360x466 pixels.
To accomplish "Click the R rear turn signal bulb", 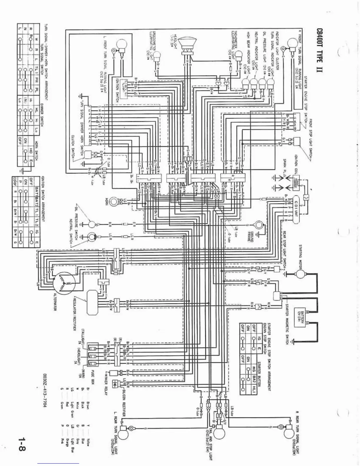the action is click(289, 432).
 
